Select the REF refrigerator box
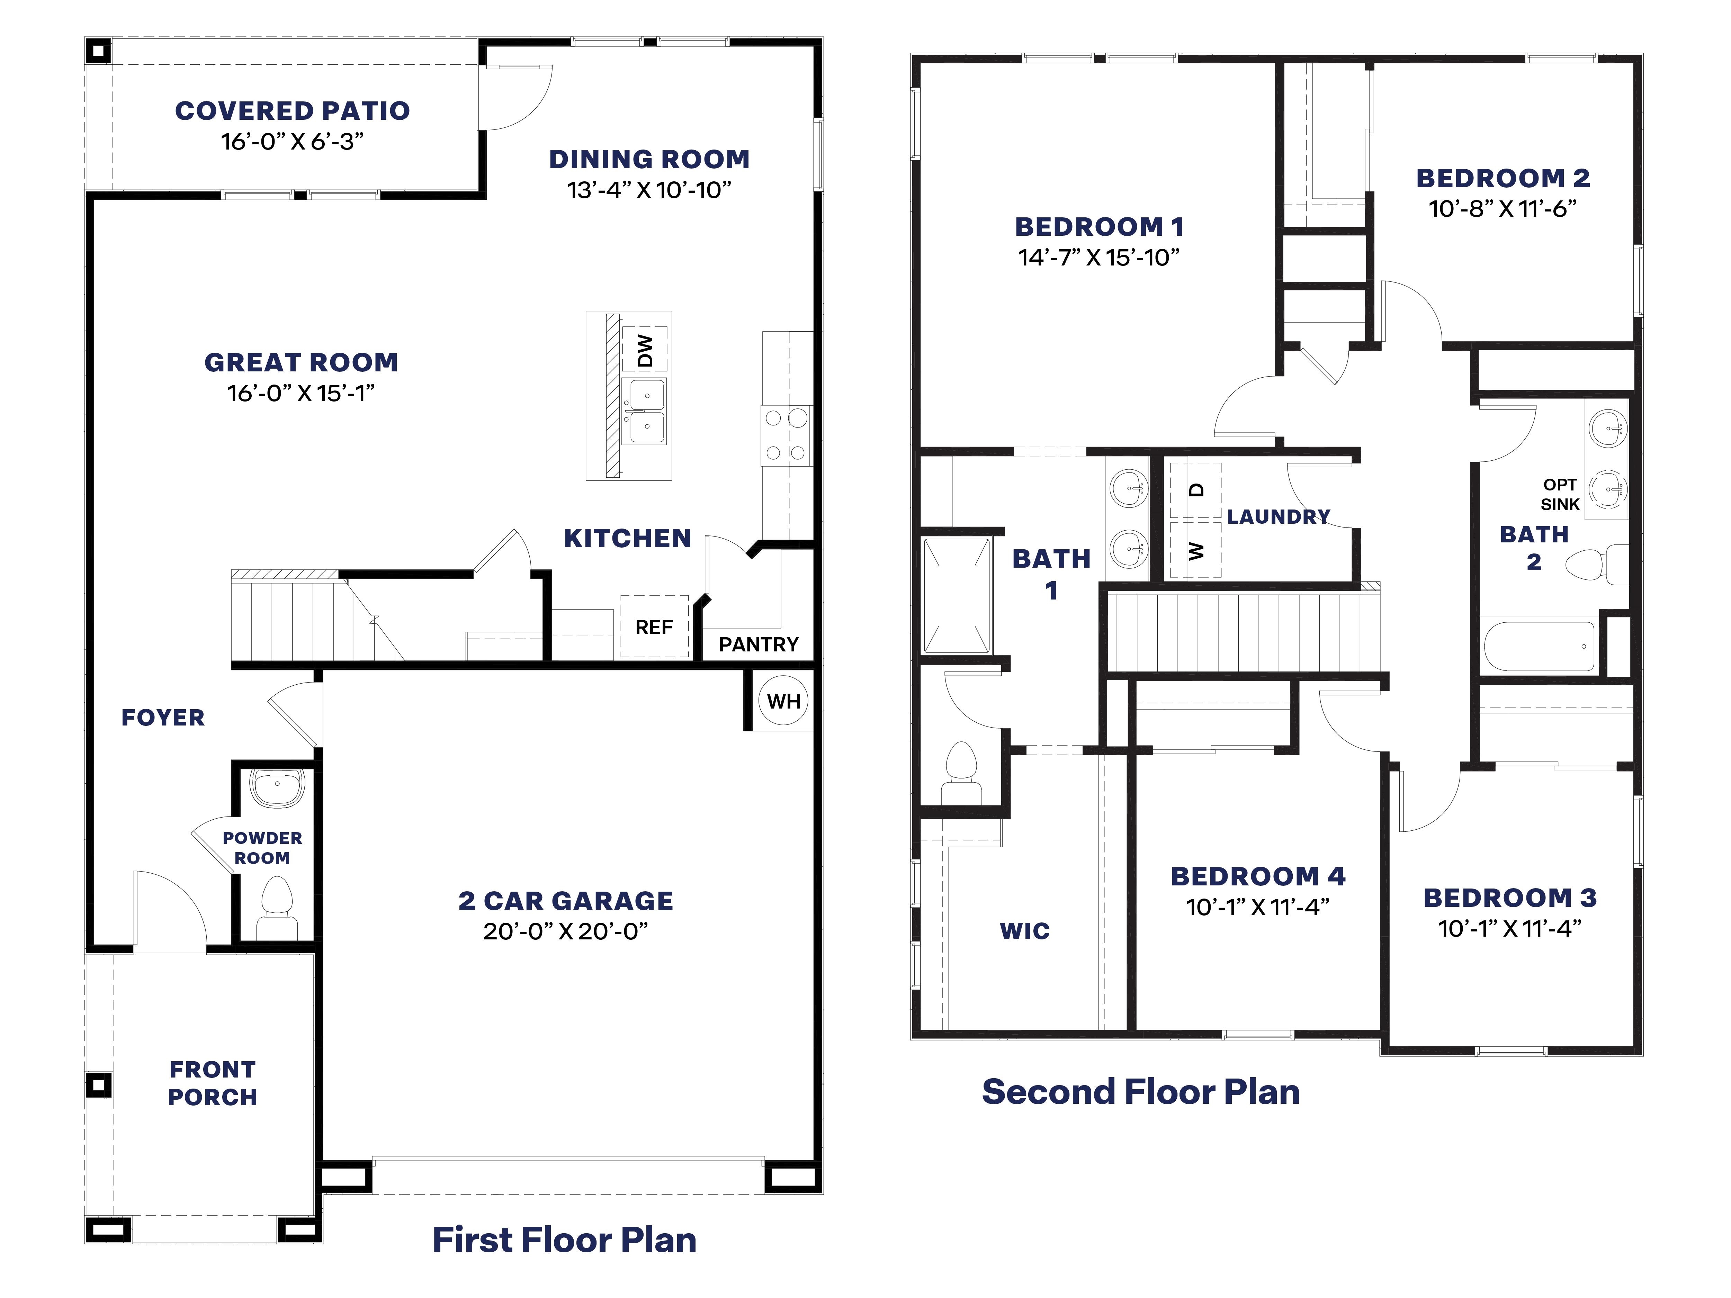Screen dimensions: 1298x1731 pos(654,627)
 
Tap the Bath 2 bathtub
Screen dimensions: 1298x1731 pos(1539,646)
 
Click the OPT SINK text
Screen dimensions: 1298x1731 pos(1560,495)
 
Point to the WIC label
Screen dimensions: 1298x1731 pos(1024,931)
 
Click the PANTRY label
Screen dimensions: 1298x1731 pos(758,644)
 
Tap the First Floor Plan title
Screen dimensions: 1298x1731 pos(564,1239)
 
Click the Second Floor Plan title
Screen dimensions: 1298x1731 pos(1140,1091)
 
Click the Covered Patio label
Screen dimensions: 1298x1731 pos(292,111)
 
